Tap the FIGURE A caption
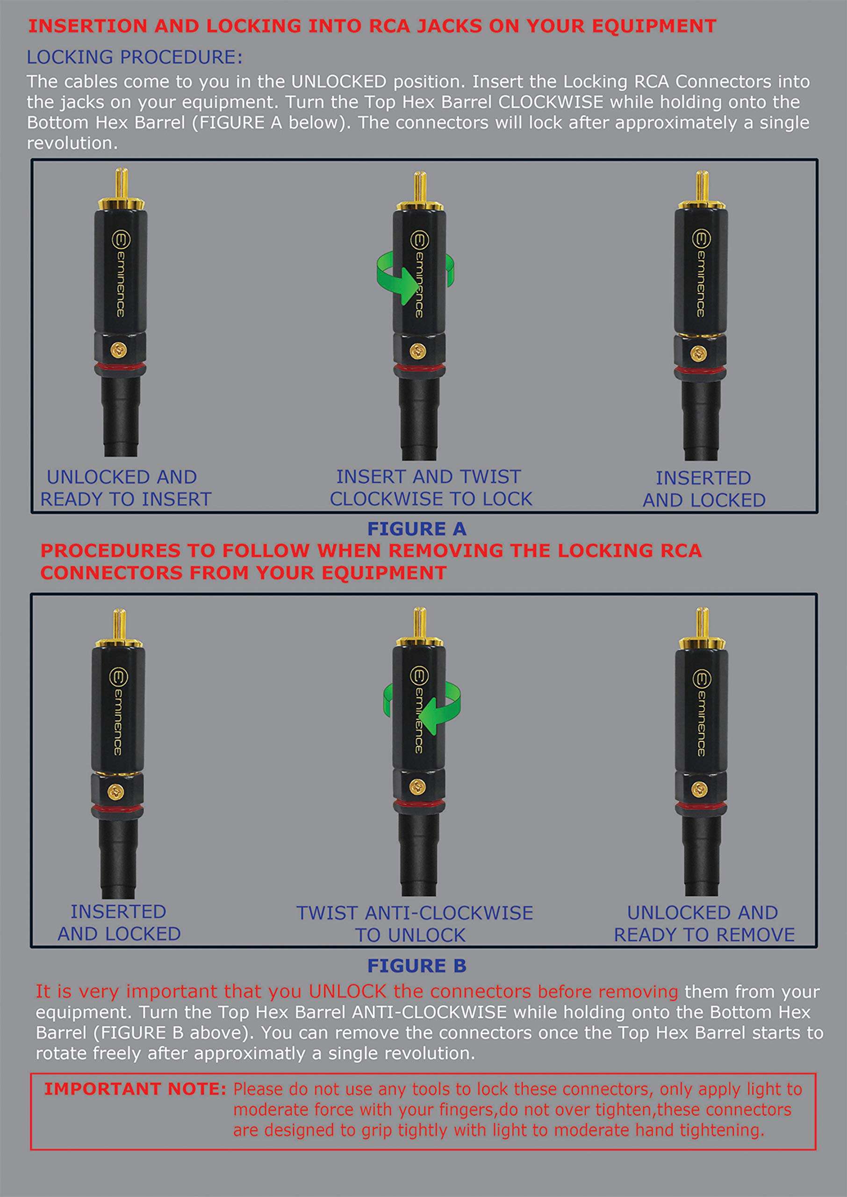(416, 529)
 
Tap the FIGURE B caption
(416, 966)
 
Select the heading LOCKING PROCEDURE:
(135, 58)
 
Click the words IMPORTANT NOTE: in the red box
(135, 1089)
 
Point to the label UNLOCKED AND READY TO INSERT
(125, 488)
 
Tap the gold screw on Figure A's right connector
(698, 353)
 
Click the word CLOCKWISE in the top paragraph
(550, 102)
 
